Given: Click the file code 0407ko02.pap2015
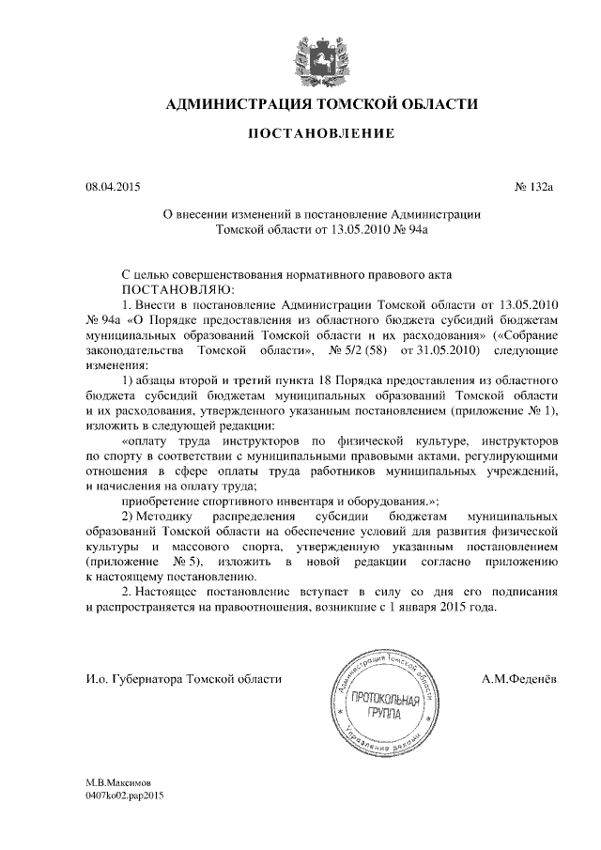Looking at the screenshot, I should point(125,795).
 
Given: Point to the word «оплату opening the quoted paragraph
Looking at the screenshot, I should point(151,440).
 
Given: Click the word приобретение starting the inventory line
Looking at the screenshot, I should point(164,501).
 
